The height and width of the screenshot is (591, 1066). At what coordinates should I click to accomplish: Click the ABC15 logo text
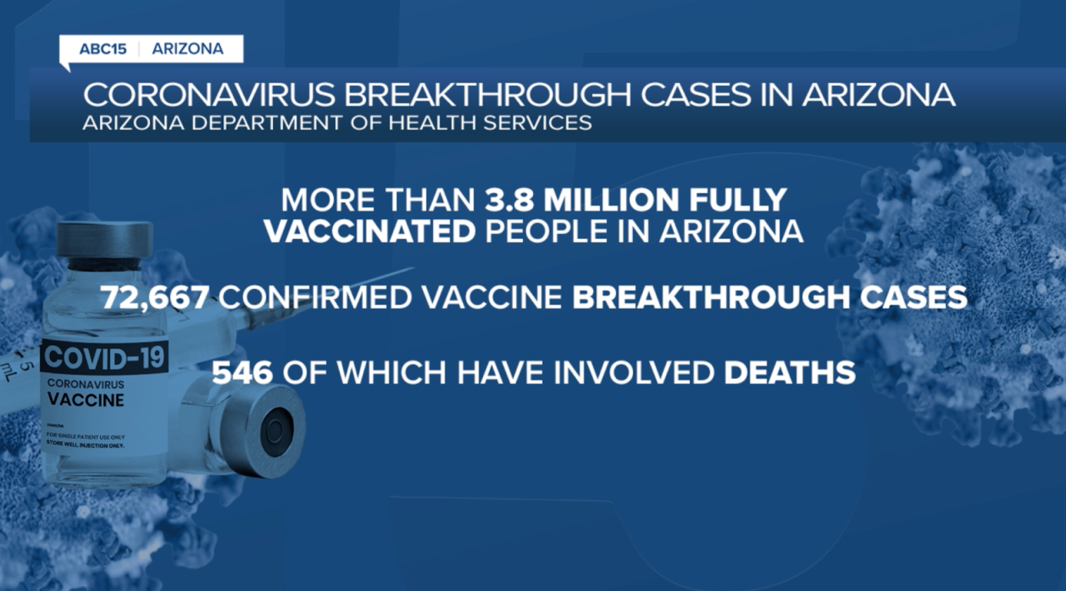102,49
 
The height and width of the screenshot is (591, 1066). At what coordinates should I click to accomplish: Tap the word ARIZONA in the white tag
187,49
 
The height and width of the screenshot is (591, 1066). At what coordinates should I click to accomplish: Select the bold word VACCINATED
369,231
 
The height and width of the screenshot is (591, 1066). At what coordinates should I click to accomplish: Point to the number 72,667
155,298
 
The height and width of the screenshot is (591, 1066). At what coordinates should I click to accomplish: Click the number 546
242,372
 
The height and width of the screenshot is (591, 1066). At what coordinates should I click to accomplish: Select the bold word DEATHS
790,372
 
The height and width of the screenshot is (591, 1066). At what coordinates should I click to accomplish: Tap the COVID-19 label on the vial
105,357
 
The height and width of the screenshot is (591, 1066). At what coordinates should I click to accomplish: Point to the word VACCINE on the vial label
87,400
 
